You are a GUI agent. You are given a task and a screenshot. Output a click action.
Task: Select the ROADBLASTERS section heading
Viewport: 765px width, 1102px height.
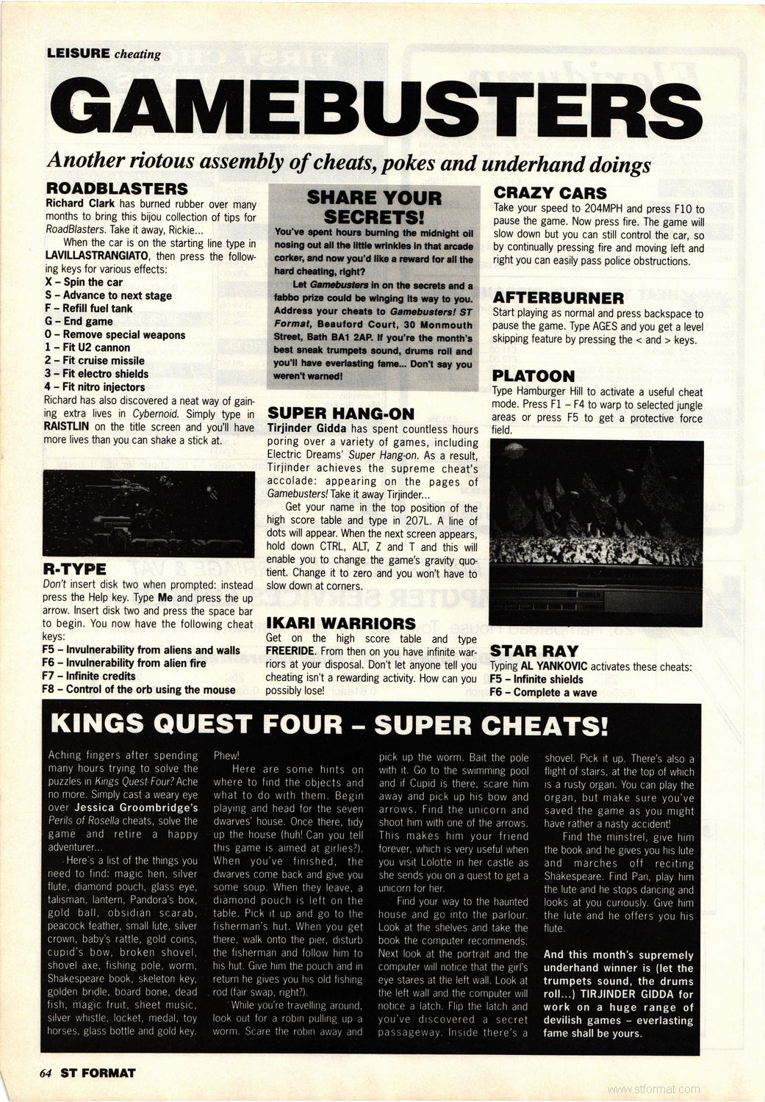116,190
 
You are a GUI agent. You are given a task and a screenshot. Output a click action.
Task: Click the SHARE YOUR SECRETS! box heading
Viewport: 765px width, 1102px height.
374,207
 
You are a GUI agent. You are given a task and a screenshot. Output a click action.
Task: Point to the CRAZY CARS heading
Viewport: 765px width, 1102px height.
550,193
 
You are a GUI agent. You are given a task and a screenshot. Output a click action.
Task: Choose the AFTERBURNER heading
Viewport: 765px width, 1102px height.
559,298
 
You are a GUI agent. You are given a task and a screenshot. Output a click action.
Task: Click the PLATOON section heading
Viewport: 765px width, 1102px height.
534,376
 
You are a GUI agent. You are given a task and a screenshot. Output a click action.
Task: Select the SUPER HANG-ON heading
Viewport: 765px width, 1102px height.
341,414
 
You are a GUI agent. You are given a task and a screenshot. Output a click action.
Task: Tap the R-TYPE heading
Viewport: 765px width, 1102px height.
74,569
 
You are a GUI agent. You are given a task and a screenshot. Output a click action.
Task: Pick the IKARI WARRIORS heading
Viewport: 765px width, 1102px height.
340,624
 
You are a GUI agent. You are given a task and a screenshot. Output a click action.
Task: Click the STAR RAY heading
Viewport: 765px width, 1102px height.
534,651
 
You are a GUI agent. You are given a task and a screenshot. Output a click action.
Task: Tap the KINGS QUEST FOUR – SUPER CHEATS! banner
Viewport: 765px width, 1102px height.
329,725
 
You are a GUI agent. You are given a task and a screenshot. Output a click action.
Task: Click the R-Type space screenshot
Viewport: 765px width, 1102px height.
148,513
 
